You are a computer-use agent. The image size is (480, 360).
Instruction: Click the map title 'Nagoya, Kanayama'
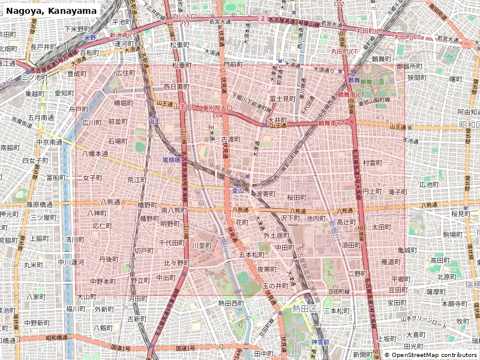point(51,11)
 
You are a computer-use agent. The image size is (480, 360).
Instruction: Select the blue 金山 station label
point(238,190)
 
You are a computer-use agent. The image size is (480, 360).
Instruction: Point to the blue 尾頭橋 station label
point(172,160)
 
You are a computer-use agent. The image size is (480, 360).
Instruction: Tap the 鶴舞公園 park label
point(368,81)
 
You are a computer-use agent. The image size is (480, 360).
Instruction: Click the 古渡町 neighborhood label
point(230,139)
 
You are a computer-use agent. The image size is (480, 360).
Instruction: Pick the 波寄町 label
point(265,194)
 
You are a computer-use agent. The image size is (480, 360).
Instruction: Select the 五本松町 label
point(252,254)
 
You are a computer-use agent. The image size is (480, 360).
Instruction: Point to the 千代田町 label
point(172,243)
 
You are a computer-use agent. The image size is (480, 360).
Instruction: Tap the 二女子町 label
point(91,178)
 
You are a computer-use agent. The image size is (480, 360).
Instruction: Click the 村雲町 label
point(372,163)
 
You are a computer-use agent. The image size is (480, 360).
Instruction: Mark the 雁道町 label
point(391,262)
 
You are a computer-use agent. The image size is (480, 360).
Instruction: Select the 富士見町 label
point(282,98)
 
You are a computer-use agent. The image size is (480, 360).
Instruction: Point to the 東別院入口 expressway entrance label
point(217,108)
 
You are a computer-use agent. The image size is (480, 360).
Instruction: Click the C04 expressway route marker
point(217,115)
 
